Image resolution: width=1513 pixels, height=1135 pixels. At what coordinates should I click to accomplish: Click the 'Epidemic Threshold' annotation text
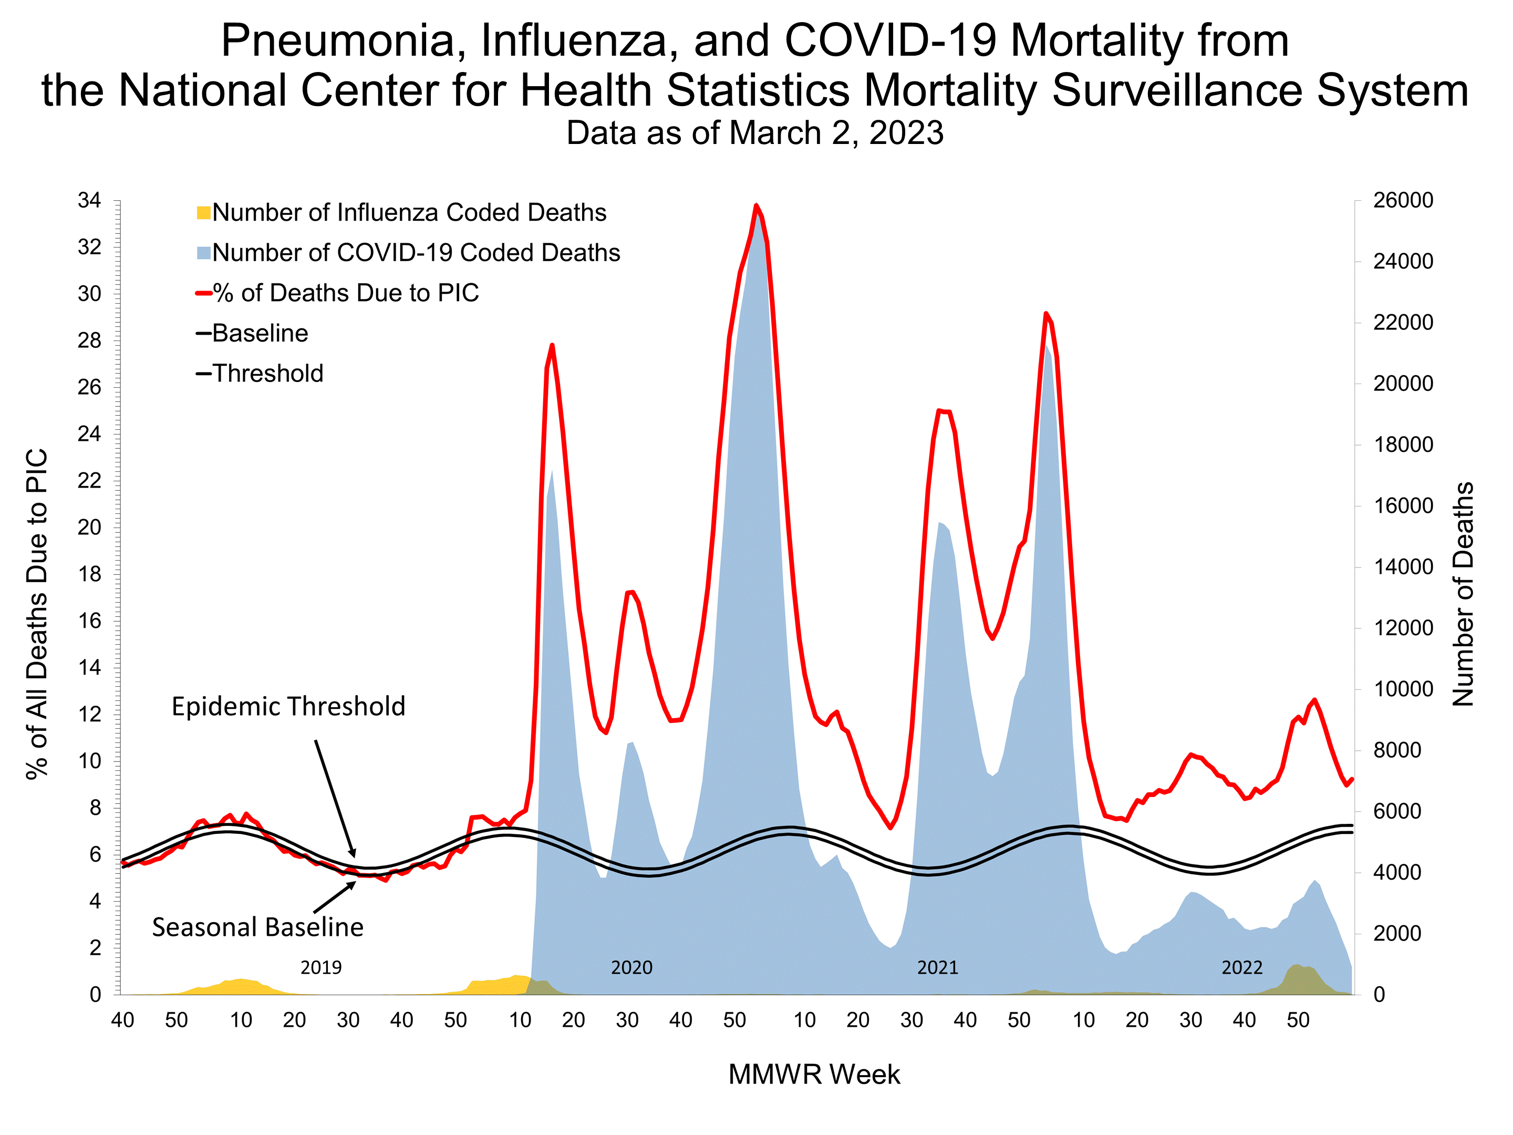click(288, 707)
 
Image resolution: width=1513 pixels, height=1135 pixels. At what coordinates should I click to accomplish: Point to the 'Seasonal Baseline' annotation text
click(257, 927)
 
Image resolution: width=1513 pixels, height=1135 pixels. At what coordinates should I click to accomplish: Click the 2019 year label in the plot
click(321, 968)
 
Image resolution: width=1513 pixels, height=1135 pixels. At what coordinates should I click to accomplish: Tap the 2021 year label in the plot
click(937, 968)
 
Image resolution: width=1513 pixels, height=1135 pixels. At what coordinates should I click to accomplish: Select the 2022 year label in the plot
click(1241, 968)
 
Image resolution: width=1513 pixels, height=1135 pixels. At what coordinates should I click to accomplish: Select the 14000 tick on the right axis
click(1403, 567)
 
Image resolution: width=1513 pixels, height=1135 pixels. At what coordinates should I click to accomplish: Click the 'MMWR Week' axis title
click(814, 1075)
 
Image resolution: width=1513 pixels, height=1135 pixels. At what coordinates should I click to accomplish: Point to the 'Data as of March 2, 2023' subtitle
click(754, 133)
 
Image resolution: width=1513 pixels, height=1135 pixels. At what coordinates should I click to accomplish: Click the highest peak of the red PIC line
click(756, 205)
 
